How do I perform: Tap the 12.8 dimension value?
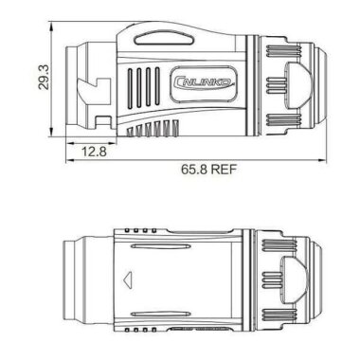tap(93, 152)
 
